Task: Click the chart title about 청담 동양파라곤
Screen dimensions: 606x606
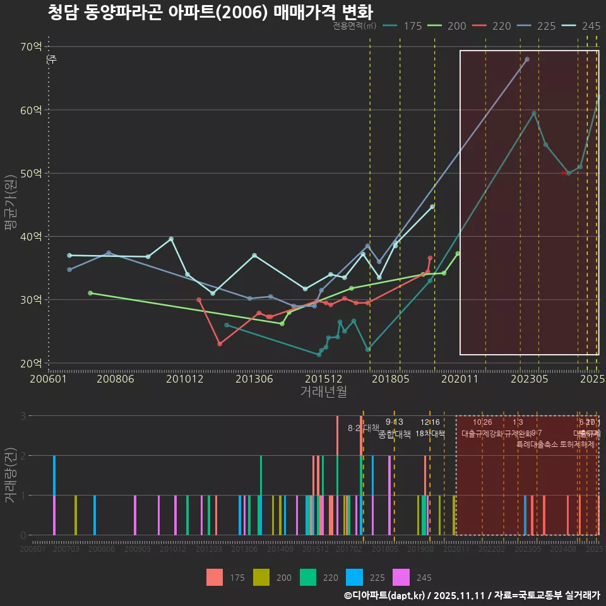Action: (210, 13)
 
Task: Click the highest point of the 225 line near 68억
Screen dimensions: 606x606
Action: (527, 59)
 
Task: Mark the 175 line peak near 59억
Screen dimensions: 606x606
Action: (534, 113)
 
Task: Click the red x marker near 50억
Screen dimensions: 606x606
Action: (564, 173)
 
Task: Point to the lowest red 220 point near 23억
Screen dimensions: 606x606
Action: (220, 344)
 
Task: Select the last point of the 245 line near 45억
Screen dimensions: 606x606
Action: (432, 206)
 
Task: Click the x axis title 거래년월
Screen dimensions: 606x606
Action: (323, 391)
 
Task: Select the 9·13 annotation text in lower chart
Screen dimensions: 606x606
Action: (394, 422)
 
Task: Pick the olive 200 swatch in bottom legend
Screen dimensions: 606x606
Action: (261, 577)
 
